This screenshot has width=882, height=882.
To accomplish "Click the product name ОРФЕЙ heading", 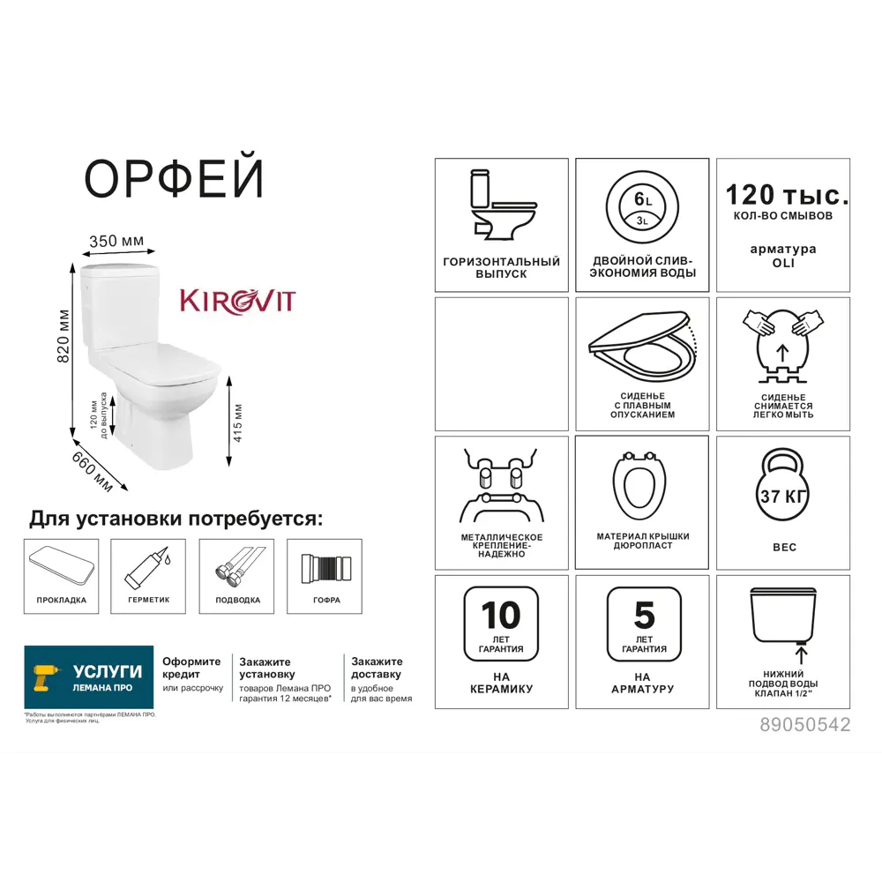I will (174, 180).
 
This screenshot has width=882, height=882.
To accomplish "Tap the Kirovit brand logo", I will (237, 301).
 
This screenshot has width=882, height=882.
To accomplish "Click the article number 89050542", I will (804, 724).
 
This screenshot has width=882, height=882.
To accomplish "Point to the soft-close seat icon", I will (642, 348).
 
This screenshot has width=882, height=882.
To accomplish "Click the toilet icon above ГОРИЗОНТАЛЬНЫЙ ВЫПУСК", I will (501, 207).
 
